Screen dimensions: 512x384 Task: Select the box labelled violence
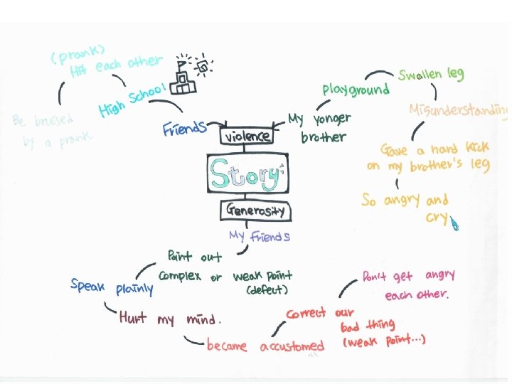[248, 135]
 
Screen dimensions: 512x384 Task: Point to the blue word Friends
[183, 129]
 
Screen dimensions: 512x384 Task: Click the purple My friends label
[260, 236]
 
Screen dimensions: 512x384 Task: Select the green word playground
[356, 89]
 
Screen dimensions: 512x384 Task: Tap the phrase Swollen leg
[430, 74]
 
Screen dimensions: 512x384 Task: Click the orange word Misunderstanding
[459, 110]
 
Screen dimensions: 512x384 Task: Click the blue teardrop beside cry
[454, 224]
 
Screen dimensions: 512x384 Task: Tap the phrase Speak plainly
[112, 287]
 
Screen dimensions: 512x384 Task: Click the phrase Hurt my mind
[171, 318]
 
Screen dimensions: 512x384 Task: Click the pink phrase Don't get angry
[408, 276]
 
